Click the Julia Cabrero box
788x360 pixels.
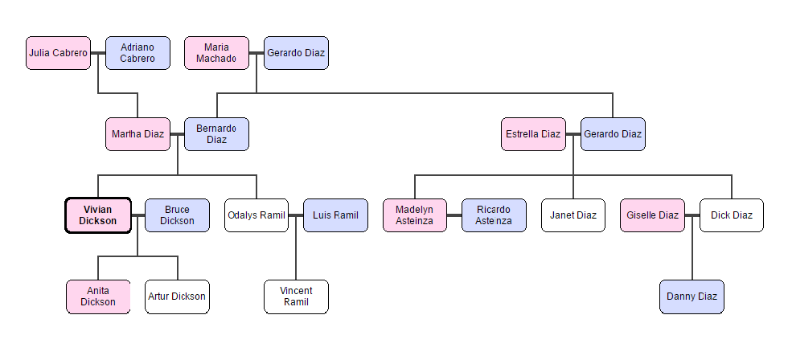(x=58, y=53)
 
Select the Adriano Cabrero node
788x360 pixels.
(x=137, y=53)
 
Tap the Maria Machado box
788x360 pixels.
(x=216, y=53)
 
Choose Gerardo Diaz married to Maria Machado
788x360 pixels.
(x=296, y=53)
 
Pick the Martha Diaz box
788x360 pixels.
(x=137, y=134)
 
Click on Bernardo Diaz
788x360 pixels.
(x=216, y=134)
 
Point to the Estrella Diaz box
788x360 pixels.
(x=533, y=134)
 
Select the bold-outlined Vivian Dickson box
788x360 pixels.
(x=98, y=215)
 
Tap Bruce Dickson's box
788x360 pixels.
(x=177, y=215)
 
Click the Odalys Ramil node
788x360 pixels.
(x=257, y=215)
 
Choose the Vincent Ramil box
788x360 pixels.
(x=296, y=297)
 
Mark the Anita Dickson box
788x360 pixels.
(x=98, y=297)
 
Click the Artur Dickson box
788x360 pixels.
(x=177, y=297)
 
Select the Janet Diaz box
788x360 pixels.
(x=573, y=215)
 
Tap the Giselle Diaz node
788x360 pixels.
(x=652, y=215)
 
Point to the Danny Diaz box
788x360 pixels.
(x=692, y=297)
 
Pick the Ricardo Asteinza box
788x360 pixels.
(x=494, y=215)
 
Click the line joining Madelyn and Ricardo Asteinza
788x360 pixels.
(x=454, y=215)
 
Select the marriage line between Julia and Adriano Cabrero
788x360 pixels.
(x=98, y=53)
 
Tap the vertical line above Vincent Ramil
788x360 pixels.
(x=296, y=257)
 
